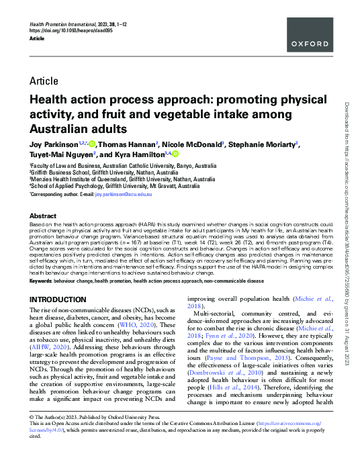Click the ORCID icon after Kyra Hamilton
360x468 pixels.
pyautogui.click(x=177, y=154)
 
